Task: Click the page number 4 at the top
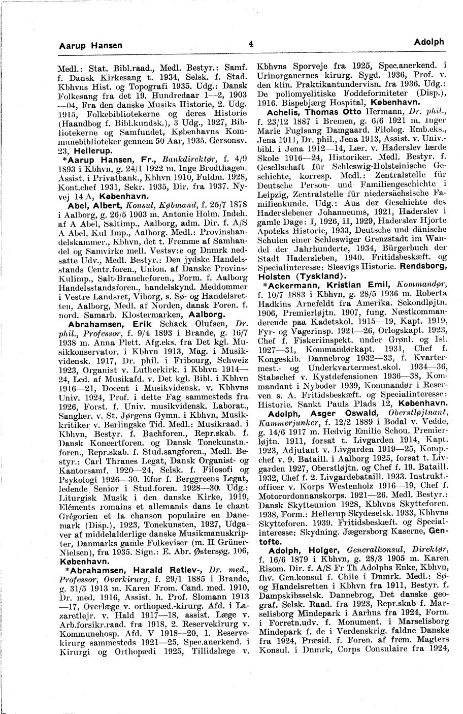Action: [x=251, y=44]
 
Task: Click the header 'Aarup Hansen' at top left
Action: [x=91, y=45]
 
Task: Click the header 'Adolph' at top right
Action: [x=429, y=42]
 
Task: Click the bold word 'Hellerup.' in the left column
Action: [x=91, y=151]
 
